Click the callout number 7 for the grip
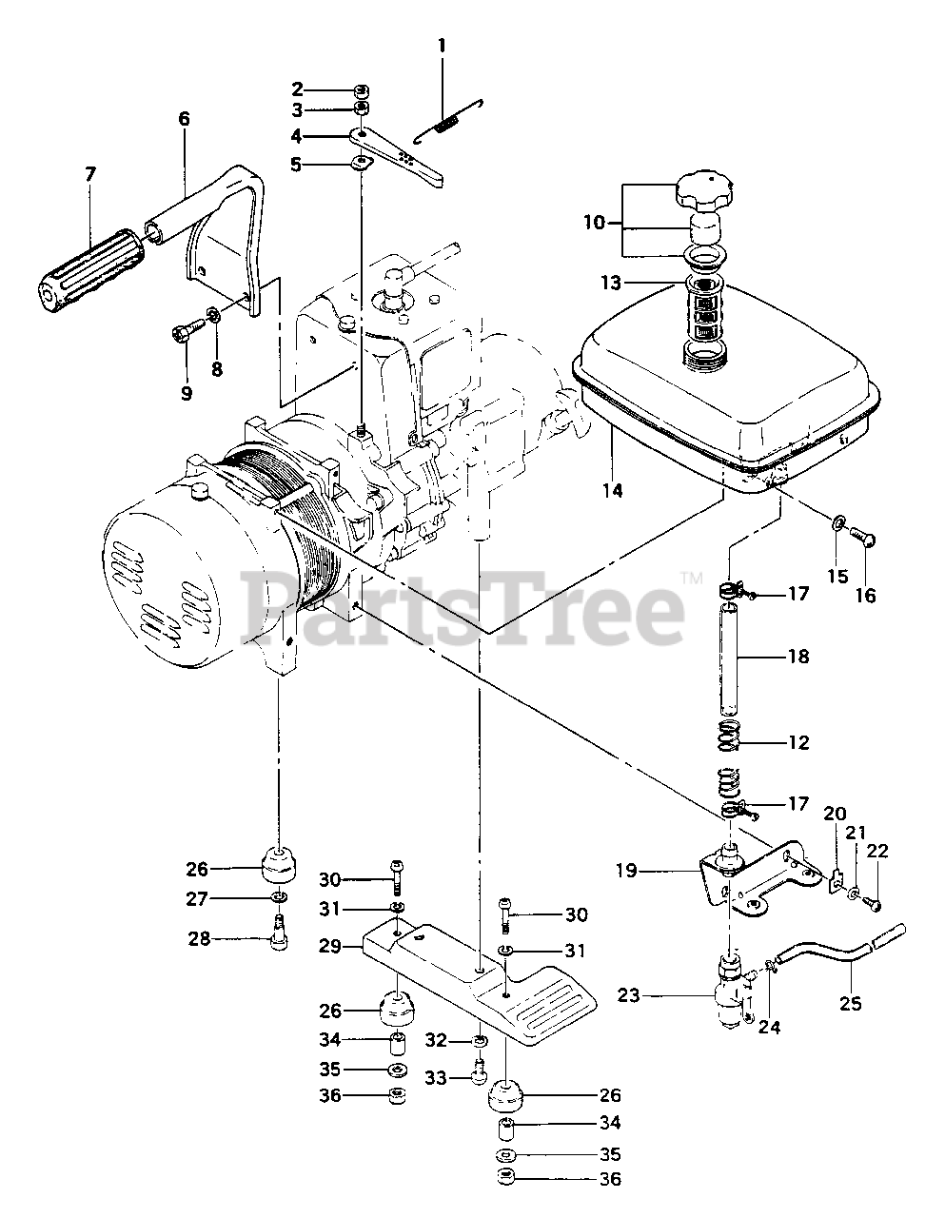(x=90, y=174)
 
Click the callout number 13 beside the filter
(x=610, y=283)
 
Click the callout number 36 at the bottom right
(x=610, y=1180)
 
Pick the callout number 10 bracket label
(x=594, y=224)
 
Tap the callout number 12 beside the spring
(x=798, y=743)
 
